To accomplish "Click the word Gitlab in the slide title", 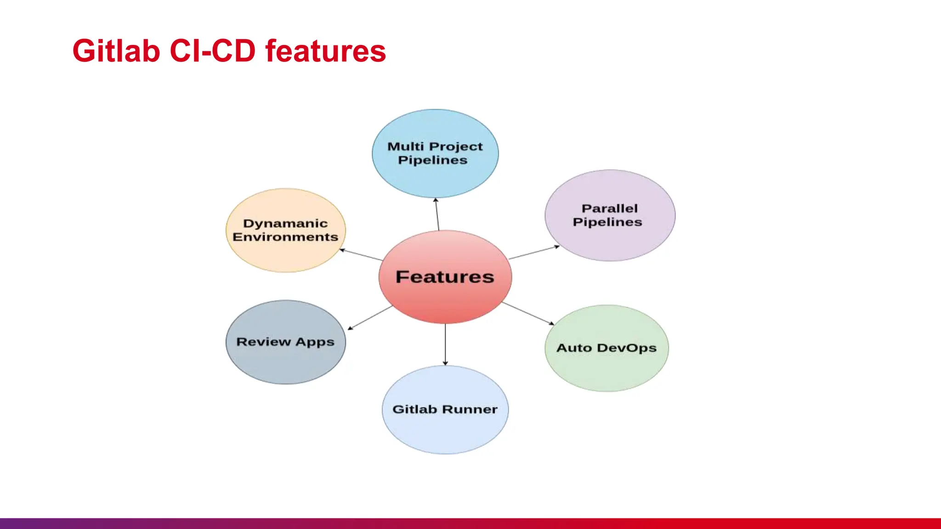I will point(116,51).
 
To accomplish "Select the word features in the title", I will point(325,51).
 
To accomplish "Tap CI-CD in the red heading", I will point(212,51).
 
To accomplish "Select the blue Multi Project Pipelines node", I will point(435,174).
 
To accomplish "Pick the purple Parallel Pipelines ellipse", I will point(610,239).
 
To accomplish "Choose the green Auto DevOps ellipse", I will point(607,367).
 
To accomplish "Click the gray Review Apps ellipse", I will point(285,363).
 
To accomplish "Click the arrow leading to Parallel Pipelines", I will point(534,253).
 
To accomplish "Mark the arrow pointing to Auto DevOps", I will point(527,313).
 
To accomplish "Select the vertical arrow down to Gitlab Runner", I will point(445,344).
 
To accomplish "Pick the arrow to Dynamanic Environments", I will point(361,255).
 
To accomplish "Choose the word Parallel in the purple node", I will point(610,208).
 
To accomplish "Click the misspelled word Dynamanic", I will point(285,224).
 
